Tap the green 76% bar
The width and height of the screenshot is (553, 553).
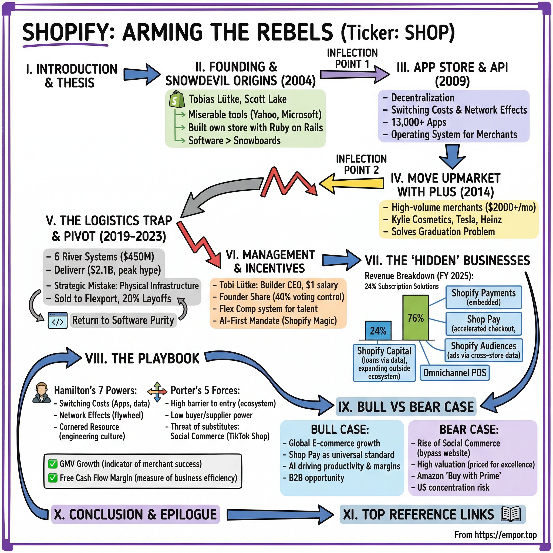(x=415, y=318)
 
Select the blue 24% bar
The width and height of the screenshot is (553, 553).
(x=378, y=331)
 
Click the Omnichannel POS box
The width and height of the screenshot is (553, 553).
(x=454, y=373)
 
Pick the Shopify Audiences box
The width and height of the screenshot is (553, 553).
(x=483, y=350)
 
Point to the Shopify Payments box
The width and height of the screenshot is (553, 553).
(x=483, y=297)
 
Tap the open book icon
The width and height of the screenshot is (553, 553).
(x=511, y=514)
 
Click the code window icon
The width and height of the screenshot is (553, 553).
(x=58, y=320)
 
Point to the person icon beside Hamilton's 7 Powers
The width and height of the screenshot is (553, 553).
(x=42, y=392)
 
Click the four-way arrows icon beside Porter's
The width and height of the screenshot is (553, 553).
(x=157, y=392)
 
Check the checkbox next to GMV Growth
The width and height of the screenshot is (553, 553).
(x=53, y=464)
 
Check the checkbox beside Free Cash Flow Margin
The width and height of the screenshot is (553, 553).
(x=53, y=478)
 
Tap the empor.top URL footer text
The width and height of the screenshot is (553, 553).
(x=495, y=535)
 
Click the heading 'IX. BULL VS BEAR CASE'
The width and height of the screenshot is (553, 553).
(x=406, y=407)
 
